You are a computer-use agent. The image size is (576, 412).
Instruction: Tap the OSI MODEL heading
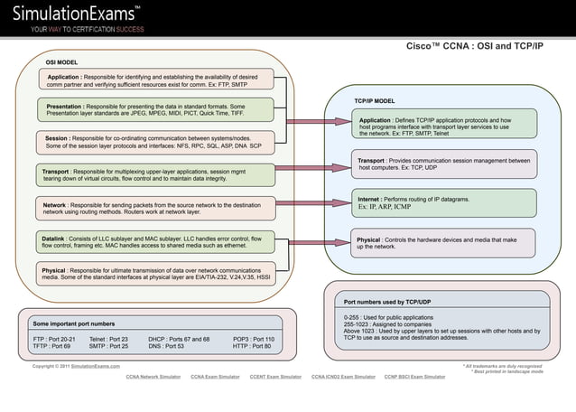point(61,62)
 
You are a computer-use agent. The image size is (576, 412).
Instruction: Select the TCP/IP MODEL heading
point(374,100)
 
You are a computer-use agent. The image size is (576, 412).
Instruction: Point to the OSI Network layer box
point(157,208)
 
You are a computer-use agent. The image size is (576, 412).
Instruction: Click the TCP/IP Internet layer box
point(443,201)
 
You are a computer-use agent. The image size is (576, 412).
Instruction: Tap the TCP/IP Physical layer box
point(443,243)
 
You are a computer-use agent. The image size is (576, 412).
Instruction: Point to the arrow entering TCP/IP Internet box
point(316,202)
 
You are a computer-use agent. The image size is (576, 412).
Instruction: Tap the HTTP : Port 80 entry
point(252,346)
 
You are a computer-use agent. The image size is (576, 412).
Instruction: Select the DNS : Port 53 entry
point(166,346)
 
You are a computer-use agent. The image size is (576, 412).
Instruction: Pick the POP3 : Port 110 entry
point(254,339)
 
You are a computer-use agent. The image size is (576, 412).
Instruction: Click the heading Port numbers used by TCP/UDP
point(387,301)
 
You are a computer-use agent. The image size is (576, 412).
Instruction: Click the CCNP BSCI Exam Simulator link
point(414,376)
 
